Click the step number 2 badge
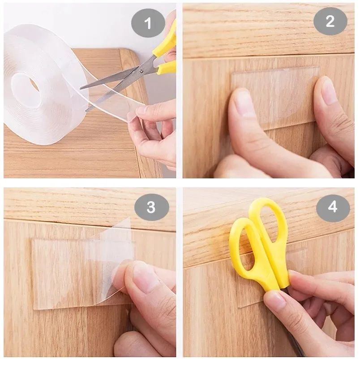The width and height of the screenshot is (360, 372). coord(330,21)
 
